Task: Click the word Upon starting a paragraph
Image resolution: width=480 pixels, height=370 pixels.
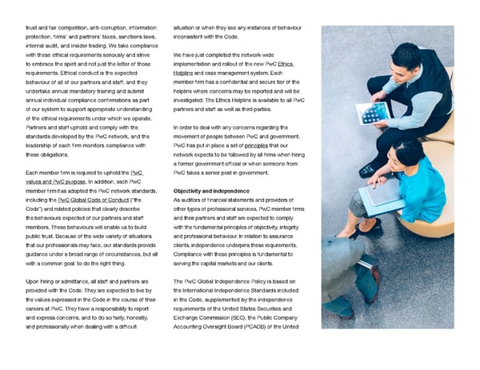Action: (34, 280)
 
